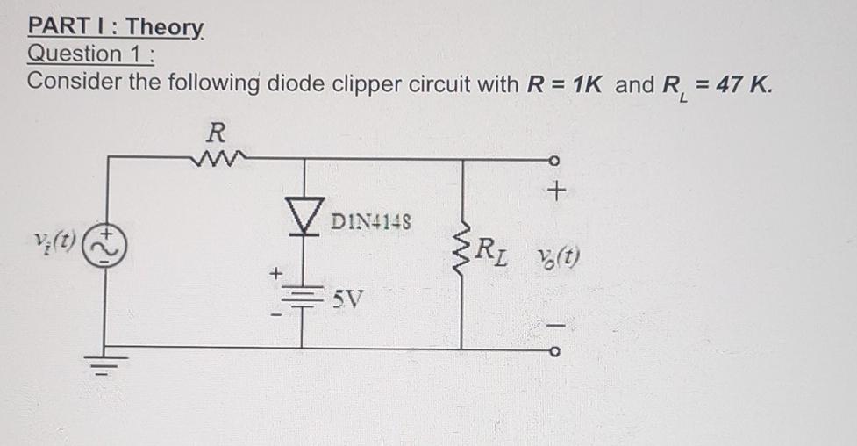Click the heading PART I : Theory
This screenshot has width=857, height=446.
116,27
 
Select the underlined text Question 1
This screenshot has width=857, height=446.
90,54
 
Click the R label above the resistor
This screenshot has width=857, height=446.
216,133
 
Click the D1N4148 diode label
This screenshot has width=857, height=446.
373,219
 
